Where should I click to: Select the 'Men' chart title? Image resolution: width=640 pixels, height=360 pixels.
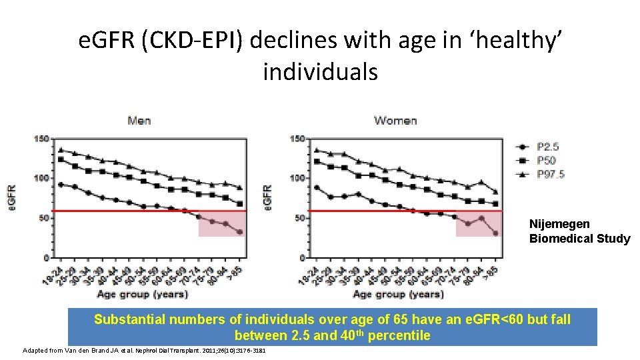click(x=139, y=121)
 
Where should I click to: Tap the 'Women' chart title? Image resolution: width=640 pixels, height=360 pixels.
click(x=395, y=121)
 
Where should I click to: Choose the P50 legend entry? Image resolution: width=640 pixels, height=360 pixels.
click(x=545, y=160)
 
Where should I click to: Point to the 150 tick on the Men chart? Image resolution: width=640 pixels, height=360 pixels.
click(x=42, y=139)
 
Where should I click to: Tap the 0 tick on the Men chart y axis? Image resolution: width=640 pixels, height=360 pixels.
click(x=46, y=257)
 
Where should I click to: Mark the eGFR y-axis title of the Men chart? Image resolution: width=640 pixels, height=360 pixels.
click(x=12, y=198)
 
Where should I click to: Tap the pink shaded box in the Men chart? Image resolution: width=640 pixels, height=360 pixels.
click(x=222, y=223)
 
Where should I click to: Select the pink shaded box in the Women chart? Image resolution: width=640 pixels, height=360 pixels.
click(x=478, y=223)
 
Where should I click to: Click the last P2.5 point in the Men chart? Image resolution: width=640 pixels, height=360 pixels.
click(x=240, y=233)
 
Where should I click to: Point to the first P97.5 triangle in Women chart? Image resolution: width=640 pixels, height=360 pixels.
click(x=317, y=150)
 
